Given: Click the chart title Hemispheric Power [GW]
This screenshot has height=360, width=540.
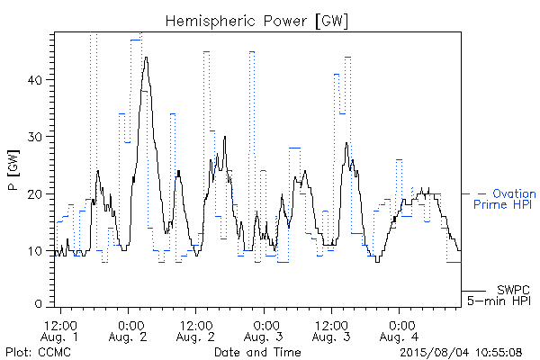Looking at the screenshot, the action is [256, 22].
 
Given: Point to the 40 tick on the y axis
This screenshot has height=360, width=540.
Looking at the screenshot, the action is [35, 80].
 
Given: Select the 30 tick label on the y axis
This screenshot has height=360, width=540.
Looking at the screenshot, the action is [35, 137].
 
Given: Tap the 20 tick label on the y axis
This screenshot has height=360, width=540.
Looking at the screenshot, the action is [35, 194].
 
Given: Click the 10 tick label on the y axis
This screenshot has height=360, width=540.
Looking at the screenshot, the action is [35, 251].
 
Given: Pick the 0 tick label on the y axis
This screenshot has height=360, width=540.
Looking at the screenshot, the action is [39, 303].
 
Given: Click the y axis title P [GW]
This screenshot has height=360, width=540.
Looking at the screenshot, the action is [13, 170].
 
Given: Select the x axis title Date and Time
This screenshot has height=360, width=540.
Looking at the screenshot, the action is [257, 352].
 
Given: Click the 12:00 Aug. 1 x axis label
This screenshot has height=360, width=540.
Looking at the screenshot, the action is [59, 331].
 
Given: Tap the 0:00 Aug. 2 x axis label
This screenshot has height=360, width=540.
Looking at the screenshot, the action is [128, 331].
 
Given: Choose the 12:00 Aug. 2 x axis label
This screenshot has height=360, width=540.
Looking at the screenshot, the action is [195, 331].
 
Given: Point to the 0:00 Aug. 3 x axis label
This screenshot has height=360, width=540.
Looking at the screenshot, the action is [264, 331].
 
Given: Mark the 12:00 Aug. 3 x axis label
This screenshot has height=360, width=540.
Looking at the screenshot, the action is [331, 331].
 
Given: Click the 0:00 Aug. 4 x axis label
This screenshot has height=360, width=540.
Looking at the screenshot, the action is [399, 331].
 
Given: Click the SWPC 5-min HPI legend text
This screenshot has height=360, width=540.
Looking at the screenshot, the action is [499, 295].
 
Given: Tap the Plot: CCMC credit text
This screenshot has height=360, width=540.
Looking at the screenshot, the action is [38, 352].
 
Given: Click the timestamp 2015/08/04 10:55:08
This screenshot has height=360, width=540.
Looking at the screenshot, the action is [461, 352].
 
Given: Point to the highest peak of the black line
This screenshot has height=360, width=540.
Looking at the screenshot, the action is [147, 58].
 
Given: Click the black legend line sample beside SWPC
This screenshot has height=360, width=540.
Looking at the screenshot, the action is [473, 291].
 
